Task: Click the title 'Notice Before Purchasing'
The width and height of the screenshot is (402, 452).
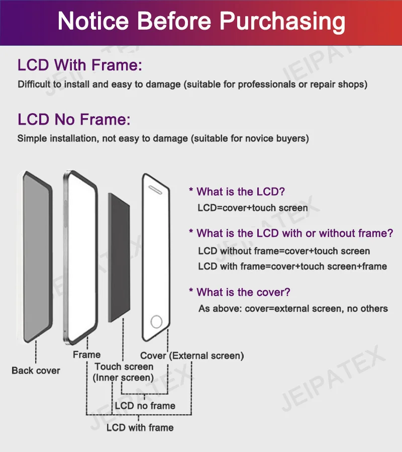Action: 201,22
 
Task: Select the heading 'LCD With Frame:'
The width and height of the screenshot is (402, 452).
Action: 80,65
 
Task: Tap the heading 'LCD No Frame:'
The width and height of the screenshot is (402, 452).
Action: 74,120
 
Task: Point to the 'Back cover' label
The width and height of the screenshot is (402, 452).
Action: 36,371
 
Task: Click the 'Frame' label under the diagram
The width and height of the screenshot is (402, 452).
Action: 86,354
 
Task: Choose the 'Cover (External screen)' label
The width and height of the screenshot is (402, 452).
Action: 192,355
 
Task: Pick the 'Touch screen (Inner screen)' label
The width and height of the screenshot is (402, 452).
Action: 124,372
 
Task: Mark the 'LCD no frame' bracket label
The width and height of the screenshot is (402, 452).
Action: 145,406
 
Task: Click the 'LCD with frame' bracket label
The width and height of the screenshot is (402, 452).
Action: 140,428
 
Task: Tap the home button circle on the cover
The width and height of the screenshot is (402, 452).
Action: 157,321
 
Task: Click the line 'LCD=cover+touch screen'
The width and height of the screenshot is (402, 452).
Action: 253,208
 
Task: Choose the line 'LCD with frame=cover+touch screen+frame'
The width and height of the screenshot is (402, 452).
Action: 292,266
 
